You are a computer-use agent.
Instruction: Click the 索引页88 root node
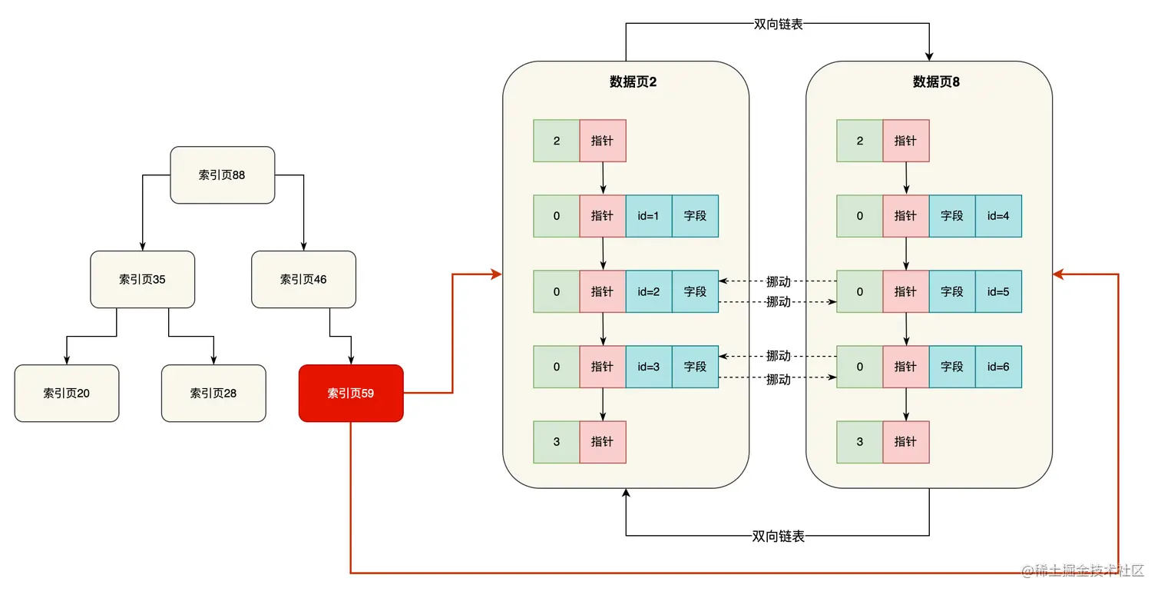(x=222, y=175)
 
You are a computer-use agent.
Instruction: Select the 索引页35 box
(x=142, y=280)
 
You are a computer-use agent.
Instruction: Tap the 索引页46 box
(x=303, y=280)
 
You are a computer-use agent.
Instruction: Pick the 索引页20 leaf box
(x=67, y=394)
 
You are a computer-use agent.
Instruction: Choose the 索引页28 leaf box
(x=213, y=394)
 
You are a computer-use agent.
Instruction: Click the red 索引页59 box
(x=351, y=394)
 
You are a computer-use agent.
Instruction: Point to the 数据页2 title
(x=633, y=81)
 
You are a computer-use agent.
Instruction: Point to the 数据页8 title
(x=936, y=81)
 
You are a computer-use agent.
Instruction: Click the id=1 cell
(x=649, y=216)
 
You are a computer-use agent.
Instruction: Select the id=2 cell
(x=649, y=292)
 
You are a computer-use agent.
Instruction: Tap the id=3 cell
(x=649, y=367)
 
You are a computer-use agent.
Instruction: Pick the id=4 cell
(x=998, y=216)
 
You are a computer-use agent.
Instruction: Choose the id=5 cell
(x=998, y=292)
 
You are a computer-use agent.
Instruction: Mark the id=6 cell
(x=998, y=367)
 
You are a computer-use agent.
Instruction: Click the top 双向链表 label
(x=779, y=24)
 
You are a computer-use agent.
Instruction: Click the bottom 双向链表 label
(x=779, y=537)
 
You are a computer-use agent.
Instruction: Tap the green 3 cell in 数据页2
(x=557, y=442)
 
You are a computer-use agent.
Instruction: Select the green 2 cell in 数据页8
(x=860, y=141)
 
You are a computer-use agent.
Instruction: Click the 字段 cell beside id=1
(x=695, y=216)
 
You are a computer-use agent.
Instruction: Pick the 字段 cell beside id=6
(x=952, y=367)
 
